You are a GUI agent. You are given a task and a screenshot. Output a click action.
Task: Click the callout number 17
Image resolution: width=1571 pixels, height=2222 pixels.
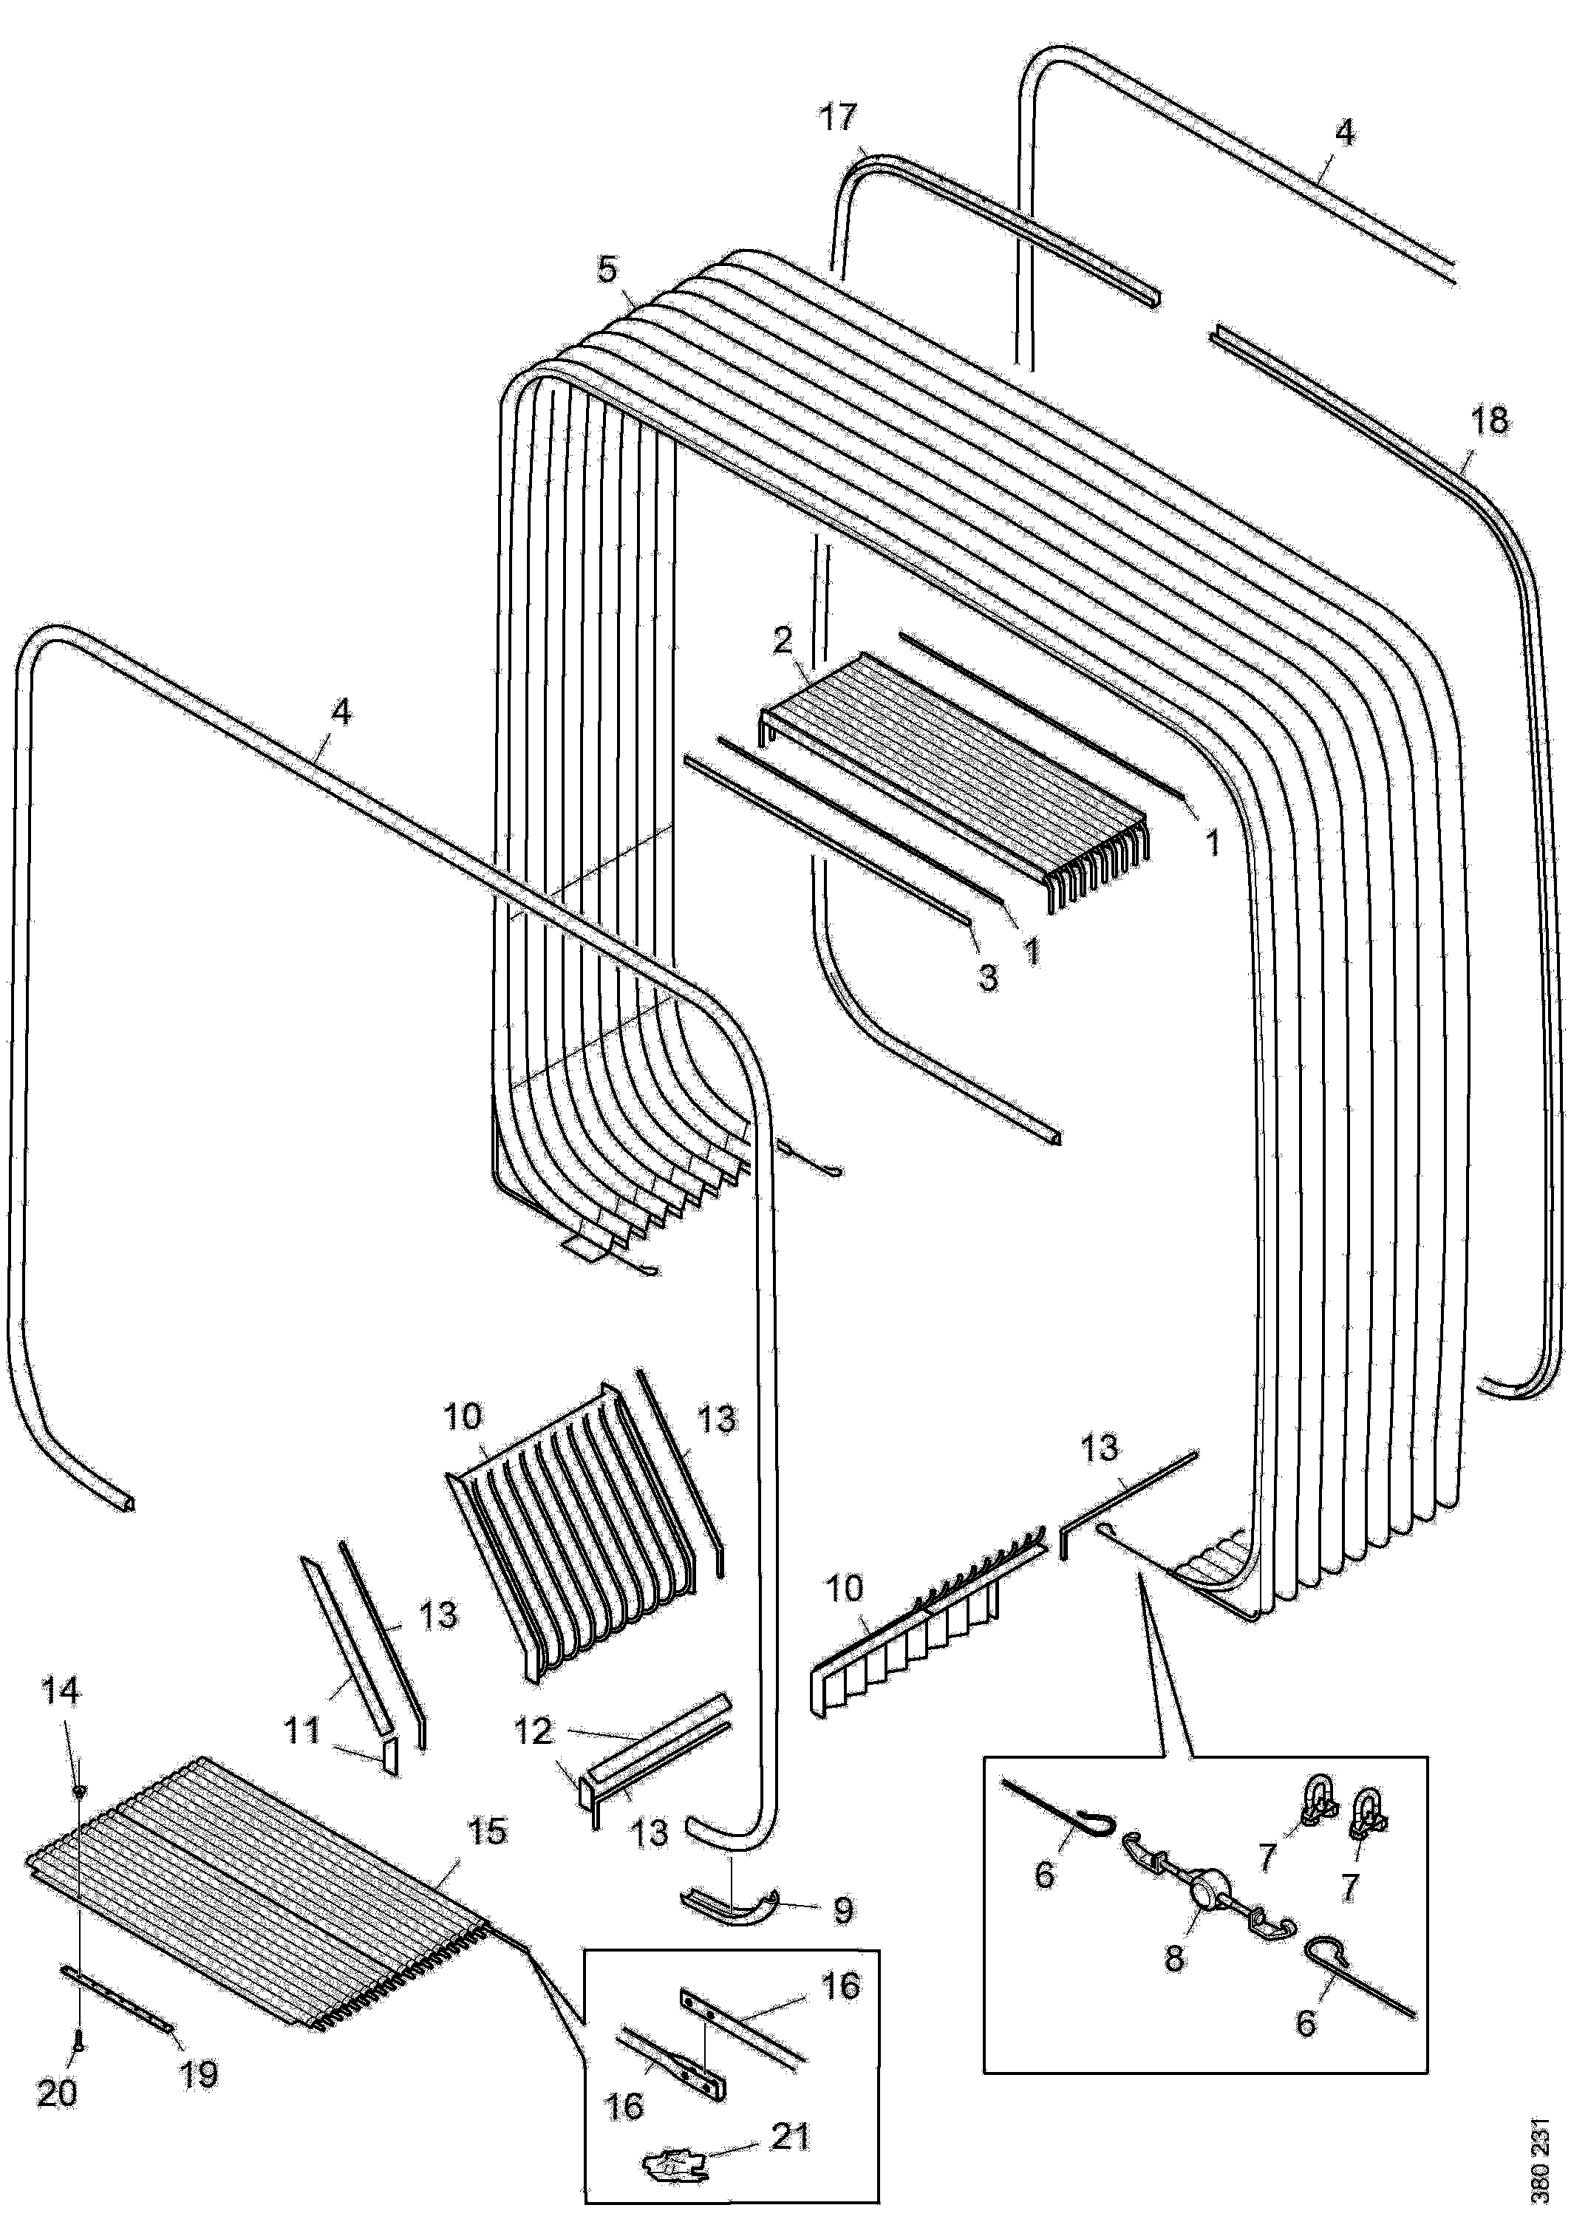[x=838, y=118]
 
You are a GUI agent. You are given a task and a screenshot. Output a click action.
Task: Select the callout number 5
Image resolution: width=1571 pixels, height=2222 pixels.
[x=606, y=269]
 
